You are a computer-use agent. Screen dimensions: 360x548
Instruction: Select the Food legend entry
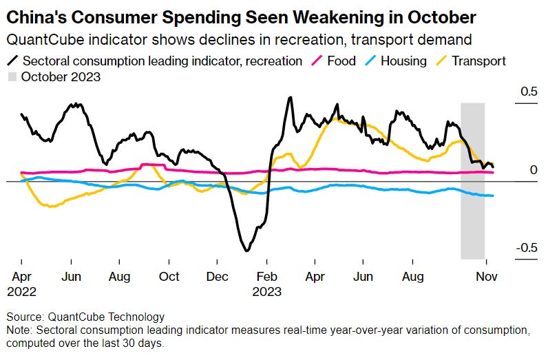(341, 61)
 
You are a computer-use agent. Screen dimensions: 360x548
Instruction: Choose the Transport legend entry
(478, 61)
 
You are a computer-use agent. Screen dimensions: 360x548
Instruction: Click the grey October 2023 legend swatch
(12, 76)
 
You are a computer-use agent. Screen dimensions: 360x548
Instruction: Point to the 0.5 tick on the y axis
(527, 92)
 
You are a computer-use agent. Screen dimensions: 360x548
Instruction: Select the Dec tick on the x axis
(217, 276)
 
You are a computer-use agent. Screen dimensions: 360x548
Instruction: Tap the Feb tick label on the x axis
(266, 276)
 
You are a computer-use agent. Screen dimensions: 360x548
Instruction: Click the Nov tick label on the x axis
(487, 276)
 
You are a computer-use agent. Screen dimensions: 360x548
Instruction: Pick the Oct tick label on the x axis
(169, 276)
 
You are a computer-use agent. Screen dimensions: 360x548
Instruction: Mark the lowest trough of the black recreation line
(246, 251)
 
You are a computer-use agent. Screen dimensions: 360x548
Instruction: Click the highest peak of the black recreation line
(290, 98)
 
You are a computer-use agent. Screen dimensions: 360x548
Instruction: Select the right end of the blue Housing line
(493, 195)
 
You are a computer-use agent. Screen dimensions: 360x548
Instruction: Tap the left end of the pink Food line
(21, 172)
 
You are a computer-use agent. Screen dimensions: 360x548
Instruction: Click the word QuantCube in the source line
(73, 317)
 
